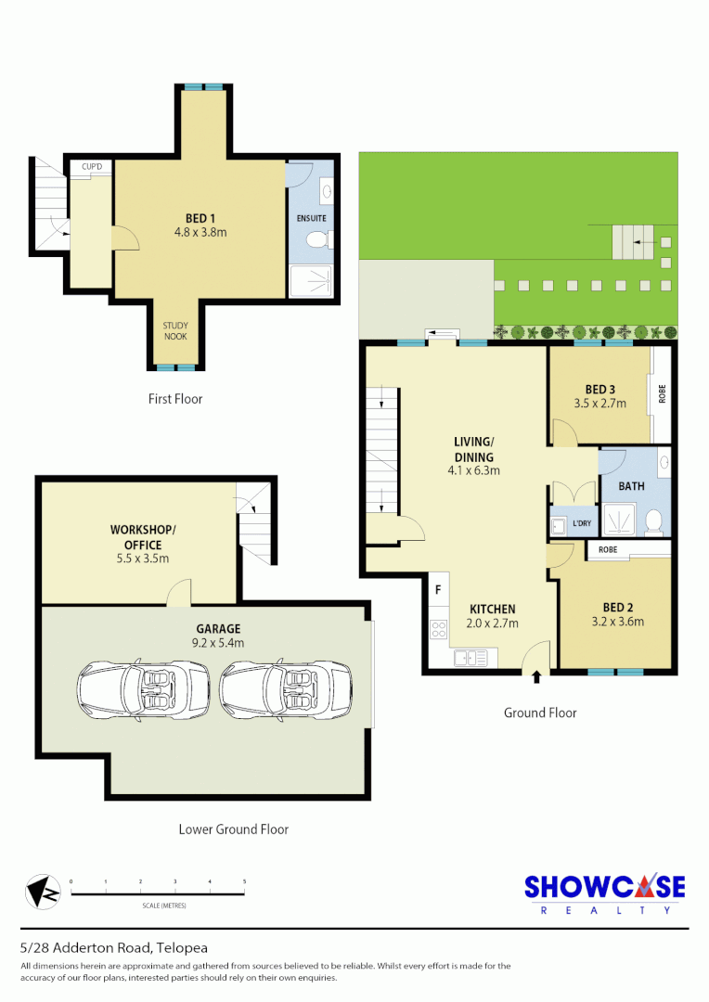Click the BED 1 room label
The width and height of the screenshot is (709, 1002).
coord(194,218)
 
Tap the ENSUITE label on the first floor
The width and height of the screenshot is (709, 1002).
coord(312,218)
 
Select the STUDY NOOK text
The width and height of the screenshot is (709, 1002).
coord(175,330)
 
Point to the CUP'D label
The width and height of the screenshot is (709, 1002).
coord(92,167)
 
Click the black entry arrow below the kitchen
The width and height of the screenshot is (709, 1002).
coord(537,678)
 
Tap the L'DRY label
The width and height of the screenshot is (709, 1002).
coord(582,524)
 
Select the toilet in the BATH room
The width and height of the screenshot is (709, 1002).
coord(653,521)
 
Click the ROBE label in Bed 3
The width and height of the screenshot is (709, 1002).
coord(662,393)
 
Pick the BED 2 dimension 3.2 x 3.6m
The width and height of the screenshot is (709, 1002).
coord(615,622)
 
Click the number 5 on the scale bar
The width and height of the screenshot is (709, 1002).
coord(244,881)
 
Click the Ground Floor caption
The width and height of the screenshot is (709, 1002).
coord(540,713)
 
